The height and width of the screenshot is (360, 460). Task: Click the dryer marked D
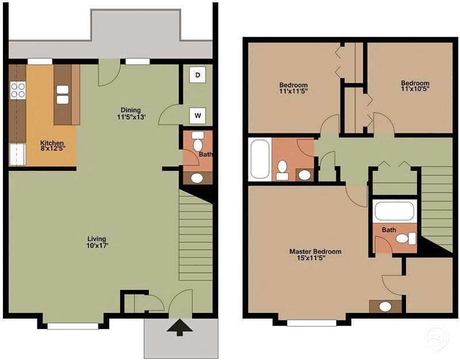point(198,75)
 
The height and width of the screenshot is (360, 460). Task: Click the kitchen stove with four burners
point(18,90)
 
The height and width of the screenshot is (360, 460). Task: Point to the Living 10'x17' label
point(97,242)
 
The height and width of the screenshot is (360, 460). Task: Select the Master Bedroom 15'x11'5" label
point(315,255)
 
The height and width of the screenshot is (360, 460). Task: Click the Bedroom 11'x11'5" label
point(293,88)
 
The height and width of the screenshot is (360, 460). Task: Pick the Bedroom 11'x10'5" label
point(415,86)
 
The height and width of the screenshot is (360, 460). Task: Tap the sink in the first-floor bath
point(197,178)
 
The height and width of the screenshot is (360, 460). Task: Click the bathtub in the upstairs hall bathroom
point(260,159)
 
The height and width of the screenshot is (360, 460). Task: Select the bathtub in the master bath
point(394,211)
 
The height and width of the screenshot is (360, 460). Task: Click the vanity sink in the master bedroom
point(385,307)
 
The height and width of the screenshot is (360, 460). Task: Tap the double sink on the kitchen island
point(63,94)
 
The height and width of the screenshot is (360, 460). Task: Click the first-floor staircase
point(195,236)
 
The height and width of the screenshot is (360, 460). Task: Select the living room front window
point(72,326)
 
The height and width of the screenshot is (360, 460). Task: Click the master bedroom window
point(311,323)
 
